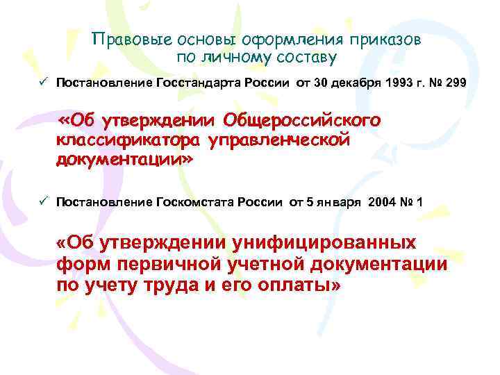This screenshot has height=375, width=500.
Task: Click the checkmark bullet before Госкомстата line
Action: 42,201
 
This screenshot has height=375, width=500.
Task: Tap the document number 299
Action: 453,84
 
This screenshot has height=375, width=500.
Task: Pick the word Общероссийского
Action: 301,122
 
